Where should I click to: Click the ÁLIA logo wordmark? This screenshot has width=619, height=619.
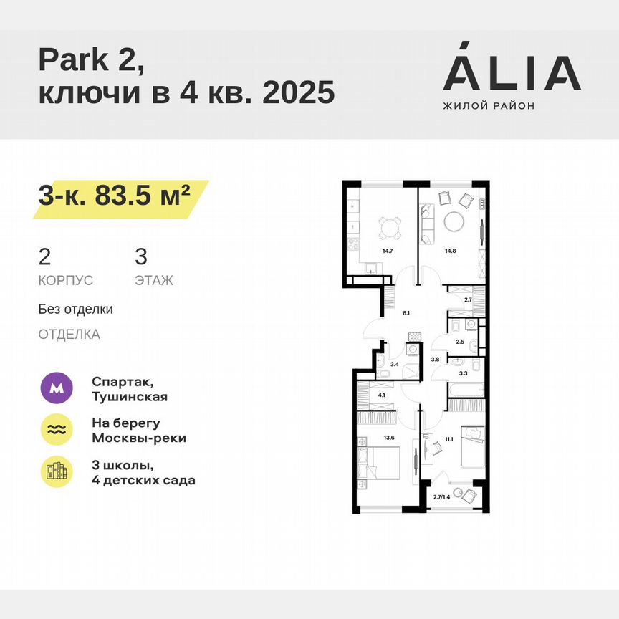tap(512, 72)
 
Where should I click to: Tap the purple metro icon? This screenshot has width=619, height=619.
tap(57, 388)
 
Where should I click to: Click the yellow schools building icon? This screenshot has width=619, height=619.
tap(57, 471)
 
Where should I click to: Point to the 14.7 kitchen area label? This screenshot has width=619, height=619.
tap(388, 251)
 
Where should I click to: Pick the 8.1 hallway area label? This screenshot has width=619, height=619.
tap(406, 313)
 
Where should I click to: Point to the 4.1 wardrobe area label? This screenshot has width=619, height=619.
tap(382, 395)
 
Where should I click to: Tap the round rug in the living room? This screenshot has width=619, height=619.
tap(456, 222)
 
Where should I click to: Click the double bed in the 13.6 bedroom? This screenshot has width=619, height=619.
tap(384, 462)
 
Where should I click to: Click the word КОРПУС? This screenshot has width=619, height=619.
tap(66, 281)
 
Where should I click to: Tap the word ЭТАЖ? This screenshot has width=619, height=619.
tap(153, 281)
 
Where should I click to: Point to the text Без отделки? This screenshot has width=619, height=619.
tap(76, 309)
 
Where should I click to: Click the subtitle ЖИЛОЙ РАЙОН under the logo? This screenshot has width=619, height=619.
tap(489, 106)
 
